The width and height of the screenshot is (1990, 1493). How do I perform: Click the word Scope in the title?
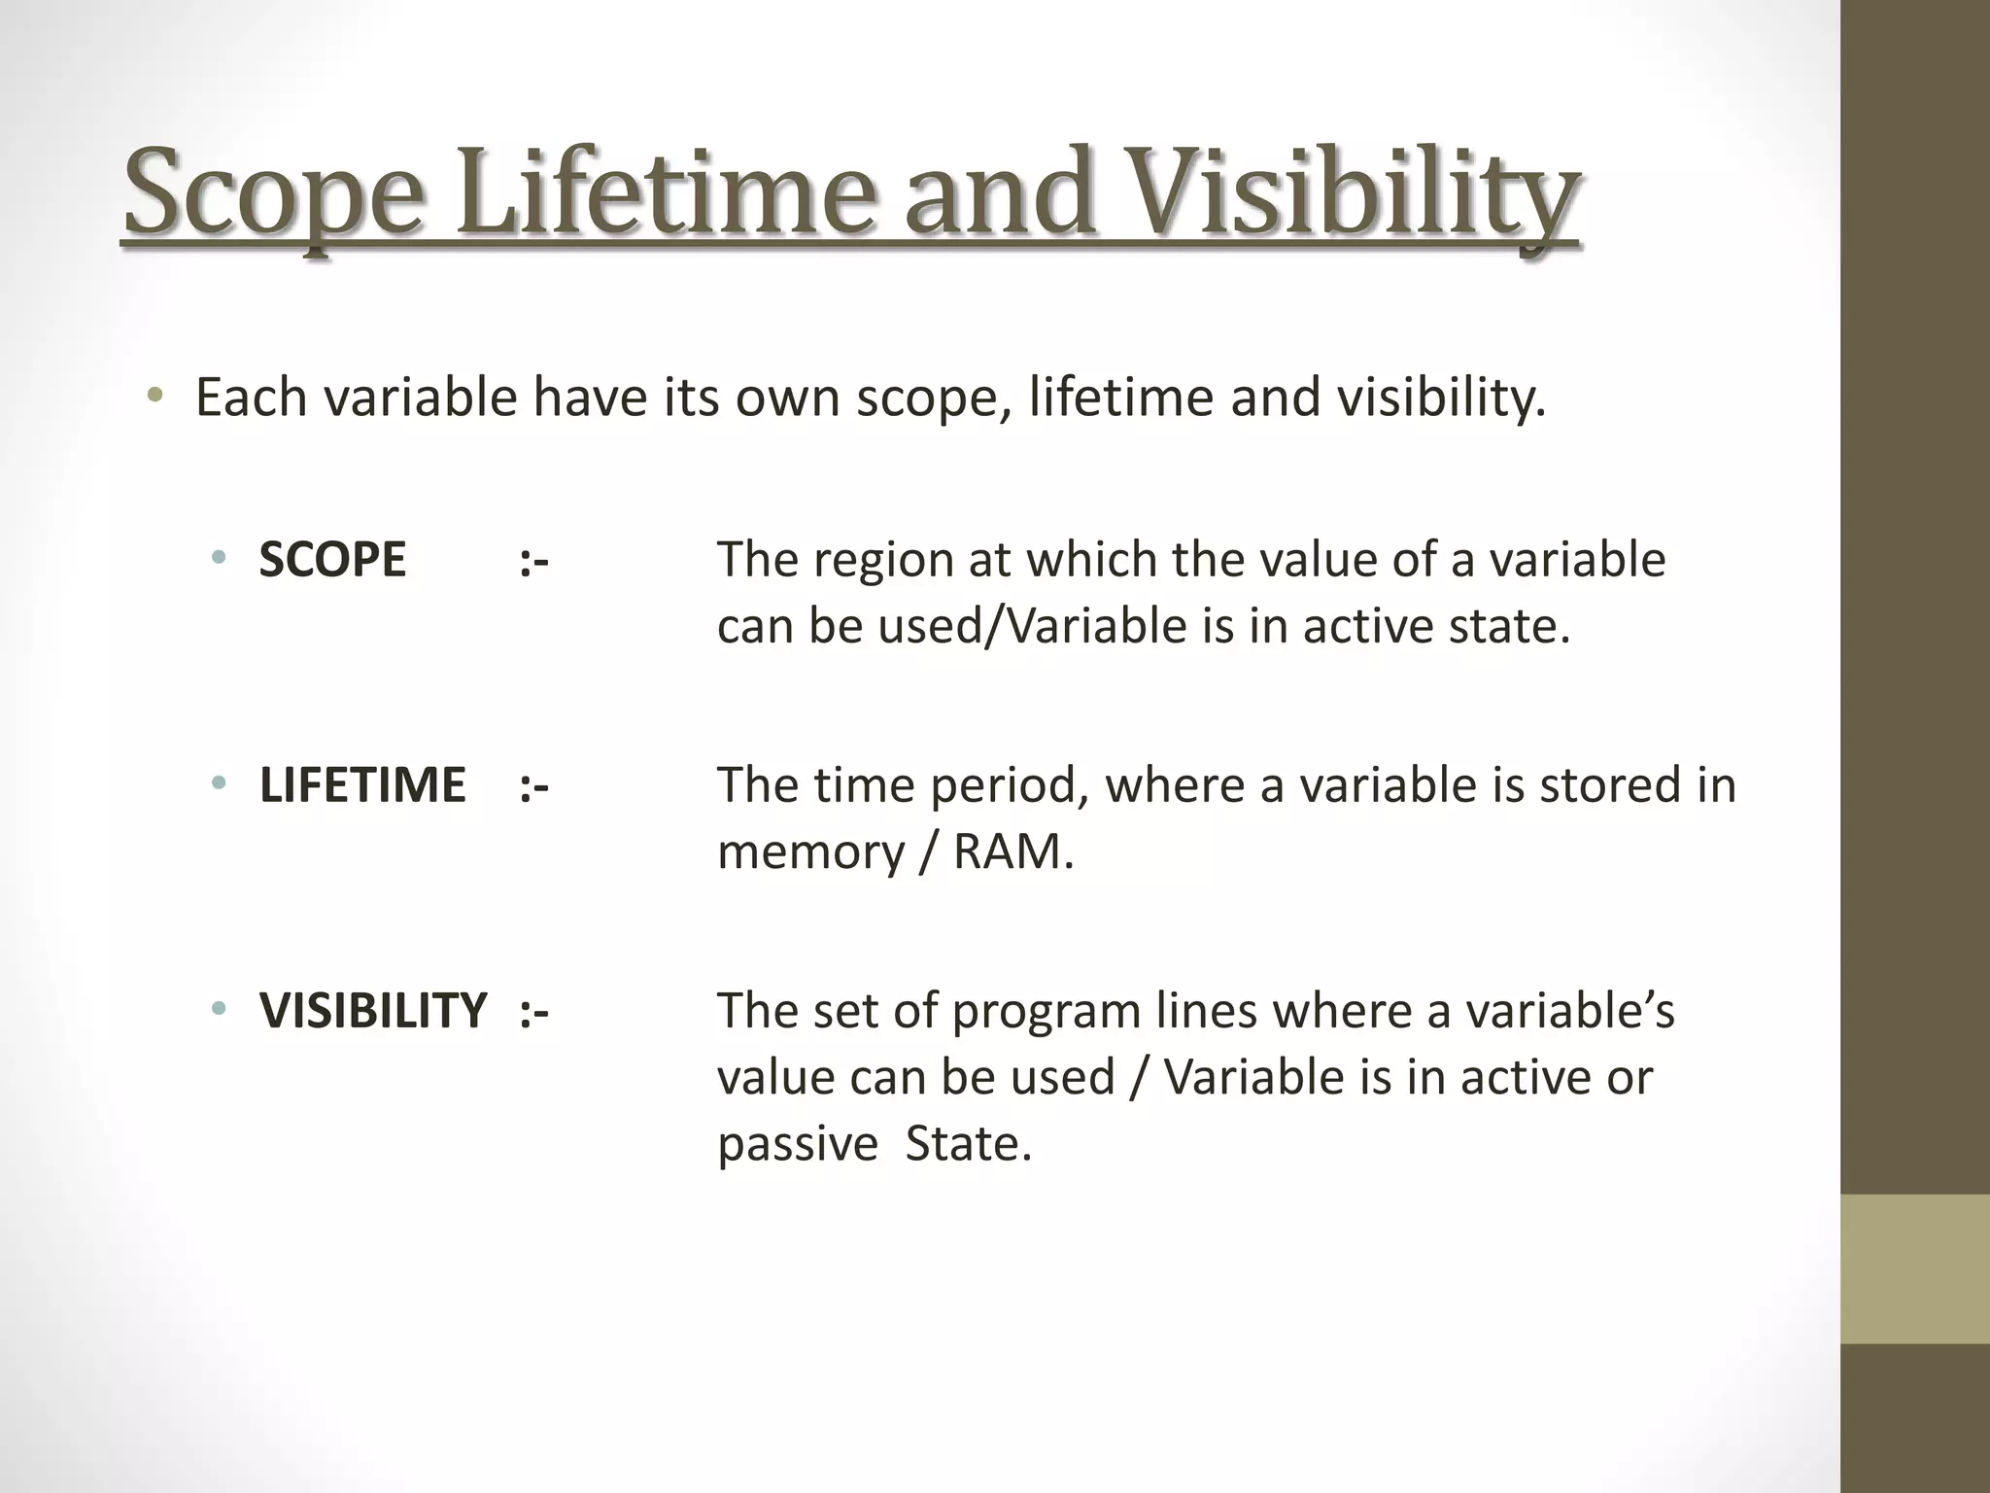pos(274,194)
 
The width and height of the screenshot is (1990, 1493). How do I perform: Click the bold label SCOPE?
pos(332,561)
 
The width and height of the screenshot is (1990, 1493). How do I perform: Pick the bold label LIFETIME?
pos(362,785)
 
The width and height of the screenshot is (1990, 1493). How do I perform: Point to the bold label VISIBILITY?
pos(373,1011)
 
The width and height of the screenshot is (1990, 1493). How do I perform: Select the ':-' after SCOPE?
pos(534,561)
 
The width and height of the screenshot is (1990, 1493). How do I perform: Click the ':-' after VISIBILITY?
pos(534,1011)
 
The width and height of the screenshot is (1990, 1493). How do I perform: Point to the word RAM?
pos(1012,852)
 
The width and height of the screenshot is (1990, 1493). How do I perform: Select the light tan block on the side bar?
pos(1914,1268)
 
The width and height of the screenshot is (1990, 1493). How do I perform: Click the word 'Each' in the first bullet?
pos(252,398)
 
